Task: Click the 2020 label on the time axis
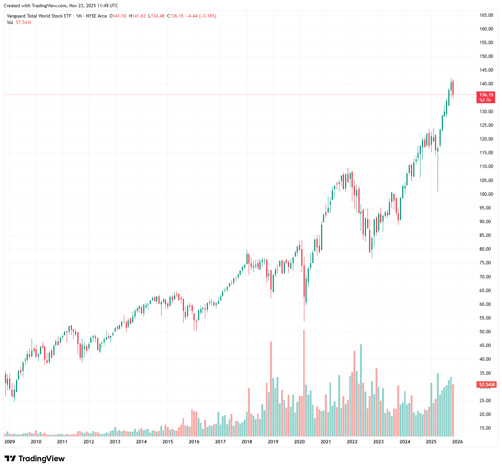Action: click(x=299, y=442)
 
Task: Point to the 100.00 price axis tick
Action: click(x=486, y=194)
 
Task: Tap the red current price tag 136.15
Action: click(x=486, y=95)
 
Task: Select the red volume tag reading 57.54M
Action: click(x=486, y=385)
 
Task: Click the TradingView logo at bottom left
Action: click(x=34, y=459)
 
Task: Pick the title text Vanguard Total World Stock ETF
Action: click(x=39, y=16)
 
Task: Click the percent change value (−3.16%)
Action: click(x=208, y=16)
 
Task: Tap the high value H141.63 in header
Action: click(x=137, y=16)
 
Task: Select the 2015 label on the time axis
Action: click(x=168, y=442)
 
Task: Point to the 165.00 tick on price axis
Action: click(x=486, y=15)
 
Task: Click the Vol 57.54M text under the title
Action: click(x=19, y=22)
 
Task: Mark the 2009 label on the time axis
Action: click(x=10, y=442)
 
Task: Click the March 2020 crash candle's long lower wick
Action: click(x=304, y=310)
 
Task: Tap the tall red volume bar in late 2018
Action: click(x=271, y=388)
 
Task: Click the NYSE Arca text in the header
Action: click(x=96, y=16)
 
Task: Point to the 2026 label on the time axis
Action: click(x=457, y=442)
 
